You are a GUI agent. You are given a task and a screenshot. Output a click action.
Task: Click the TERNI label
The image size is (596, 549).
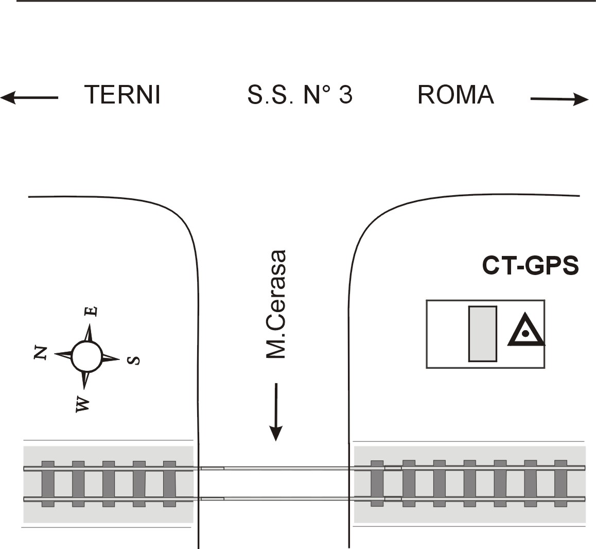pos(122,95)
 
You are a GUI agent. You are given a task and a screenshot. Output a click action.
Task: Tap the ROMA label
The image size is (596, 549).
pos(455,95)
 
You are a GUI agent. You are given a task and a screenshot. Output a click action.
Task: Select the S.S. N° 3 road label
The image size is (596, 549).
pos(300,95)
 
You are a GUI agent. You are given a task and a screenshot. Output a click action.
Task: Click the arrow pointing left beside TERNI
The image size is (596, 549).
pos(29,98)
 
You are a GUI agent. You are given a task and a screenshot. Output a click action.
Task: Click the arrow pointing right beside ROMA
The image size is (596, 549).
pos(559,99)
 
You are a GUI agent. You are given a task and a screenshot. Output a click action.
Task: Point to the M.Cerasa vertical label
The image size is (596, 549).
pos(275,304)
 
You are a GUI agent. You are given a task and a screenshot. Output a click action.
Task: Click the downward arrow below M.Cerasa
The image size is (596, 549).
pos(276,412)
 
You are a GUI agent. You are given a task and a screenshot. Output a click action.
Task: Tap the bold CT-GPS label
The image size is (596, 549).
pos(530,265)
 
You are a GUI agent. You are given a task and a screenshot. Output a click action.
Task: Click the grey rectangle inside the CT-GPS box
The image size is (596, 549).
pos(483,334)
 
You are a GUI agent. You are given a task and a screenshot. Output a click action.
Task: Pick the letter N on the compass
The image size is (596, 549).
pos(41,353)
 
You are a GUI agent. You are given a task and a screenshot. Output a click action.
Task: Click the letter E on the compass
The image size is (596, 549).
pos(91,311)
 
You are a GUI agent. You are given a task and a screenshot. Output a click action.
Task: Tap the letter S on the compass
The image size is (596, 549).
pos(133,360)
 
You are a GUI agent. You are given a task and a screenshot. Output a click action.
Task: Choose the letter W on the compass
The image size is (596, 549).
pos(82,404)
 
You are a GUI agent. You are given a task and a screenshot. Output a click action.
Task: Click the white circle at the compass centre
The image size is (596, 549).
pos(86,356)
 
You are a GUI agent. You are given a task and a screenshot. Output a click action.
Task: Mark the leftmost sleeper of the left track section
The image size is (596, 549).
pos(48,484)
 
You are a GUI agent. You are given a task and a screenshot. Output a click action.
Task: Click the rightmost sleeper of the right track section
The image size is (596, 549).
pos(560,484)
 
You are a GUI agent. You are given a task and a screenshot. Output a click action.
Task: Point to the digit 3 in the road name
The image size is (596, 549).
pos(346,95)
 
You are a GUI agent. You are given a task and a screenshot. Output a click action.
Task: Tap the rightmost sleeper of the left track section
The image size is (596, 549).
pos(169,484)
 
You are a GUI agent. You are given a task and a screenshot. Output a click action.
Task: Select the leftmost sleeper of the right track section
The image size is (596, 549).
pos(377,484)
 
